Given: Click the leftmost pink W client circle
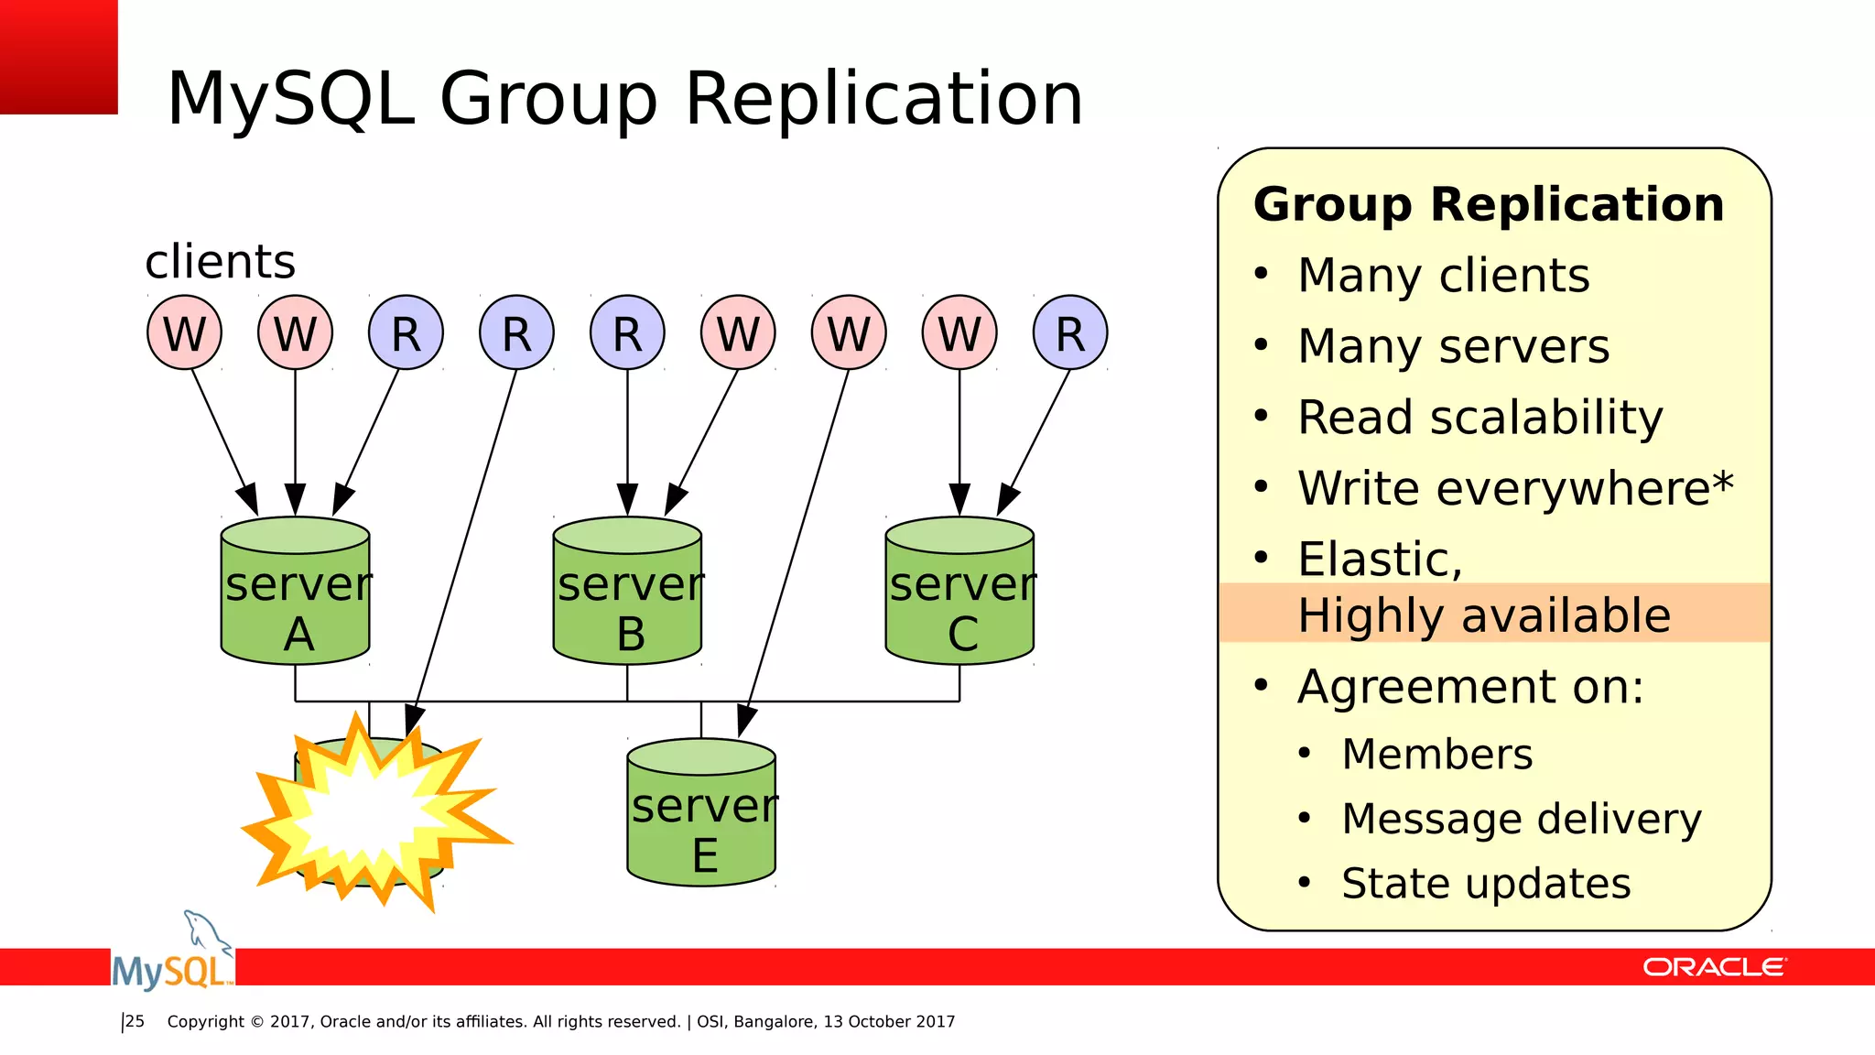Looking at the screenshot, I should point(184,332).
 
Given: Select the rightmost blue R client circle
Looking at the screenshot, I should point(1070,332).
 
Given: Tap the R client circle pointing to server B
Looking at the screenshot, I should point(627,332).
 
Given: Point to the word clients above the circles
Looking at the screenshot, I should point(220,262).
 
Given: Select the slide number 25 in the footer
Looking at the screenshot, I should point(135,1021).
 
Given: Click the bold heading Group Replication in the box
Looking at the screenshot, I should point(1489,204).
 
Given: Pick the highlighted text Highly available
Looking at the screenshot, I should point(1483,615).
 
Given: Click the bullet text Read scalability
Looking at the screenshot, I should point(1479,418).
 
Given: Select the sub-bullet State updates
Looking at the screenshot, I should point(1485,884).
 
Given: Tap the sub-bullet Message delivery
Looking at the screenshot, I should point(1521,819).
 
